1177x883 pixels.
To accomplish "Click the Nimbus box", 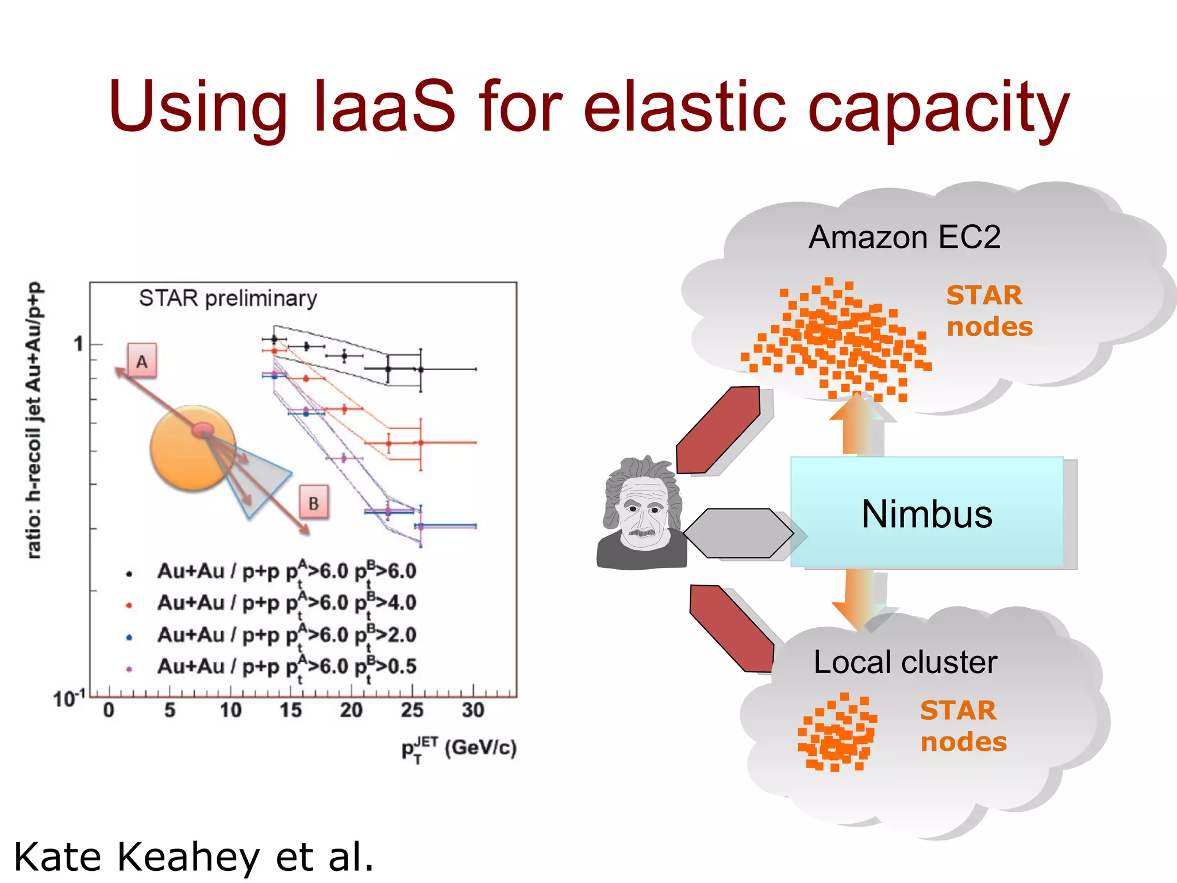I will (x=926, y=513).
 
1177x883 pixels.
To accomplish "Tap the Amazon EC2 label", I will (x=904, y=237).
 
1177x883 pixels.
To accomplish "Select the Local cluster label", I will (x=905, y=662).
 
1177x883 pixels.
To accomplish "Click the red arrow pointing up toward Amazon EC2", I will (x=718, y=430).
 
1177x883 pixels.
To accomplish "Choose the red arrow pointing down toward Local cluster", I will (x=732, y=629).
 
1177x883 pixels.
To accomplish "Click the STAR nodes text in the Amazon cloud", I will (x=988, y=311).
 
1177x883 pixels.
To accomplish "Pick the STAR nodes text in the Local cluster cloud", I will (x=963, y=725).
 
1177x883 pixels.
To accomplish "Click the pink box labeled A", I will (x=142, y=361).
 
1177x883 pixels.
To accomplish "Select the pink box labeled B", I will (x=314, y=503).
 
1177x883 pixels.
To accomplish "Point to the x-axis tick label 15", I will (x=291, y=711).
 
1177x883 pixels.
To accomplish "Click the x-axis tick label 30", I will (x=472, y=711).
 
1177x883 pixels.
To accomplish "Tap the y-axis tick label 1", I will (x=79, y=344).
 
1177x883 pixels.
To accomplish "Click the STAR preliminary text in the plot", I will (x=228, y=298).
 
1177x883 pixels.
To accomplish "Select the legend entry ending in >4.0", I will (x=286, y=603).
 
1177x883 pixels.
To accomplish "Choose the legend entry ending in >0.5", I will (x=286, y=667).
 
